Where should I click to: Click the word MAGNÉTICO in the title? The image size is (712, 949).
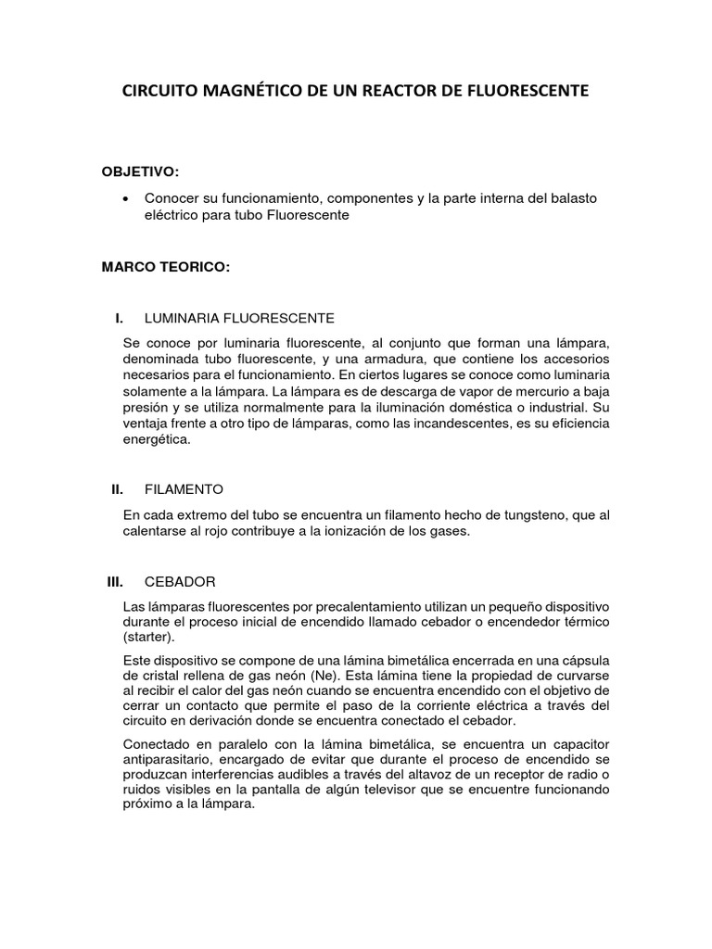244,92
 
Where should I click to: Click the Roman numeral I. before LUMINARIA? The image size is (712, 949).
119,318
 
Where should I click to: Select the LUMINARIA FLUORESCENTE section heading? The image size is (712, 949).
239,318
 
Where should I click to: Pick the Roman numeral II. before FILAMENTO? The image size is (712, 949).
117,488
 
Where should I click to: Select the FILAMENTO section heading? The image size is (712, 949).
184,488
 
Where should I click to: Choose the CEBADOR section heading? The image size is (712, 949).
180,581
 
